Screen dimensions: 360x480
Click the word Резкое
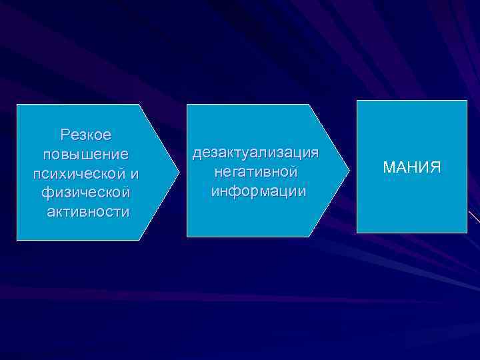86,135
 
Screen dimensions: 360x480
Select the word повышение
85,154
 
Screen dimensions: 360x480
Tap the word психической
79,173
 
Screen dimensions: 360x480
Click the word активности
88,212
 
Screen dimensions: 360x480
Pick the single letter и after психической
135,173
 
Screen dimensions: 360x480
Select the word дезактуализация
256,153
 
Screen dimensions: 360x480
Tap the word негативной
256,172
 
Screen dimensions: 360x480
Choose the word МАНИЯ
412,167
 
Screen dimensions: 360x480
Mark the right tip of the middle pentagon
349,171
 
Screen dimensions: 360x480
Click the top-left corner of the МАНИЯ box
357,101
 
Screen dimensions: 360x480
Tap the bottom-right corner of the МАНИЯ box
467,233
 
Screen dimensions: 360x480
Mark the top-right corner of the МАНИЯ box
467,101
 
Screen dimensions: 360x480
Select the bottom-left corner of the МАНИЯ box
357,233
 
